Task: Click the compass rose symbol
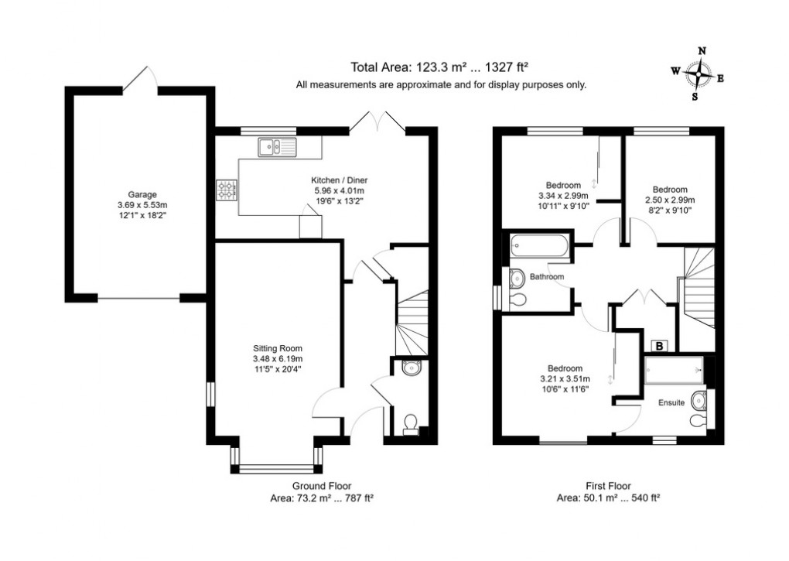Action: [x=698, y=74]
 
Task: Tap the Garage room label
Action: [x=142, y=194]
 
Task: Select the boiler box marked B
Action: [x=660, y=346]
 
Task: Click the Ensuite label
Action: [x=671, y=402]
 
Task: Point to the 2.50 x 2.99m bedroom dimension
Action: [x=669, y=199]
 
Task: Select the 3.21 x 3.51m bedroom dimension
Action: [x=564, y=378]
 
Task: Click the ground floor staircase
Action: [x=412, y=321]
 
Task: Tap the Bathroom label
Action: [x=547, y=276]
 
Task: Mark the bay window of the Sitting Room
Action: [x=275, y=467]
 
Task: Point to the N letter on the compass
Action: [x=702, y=51]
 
